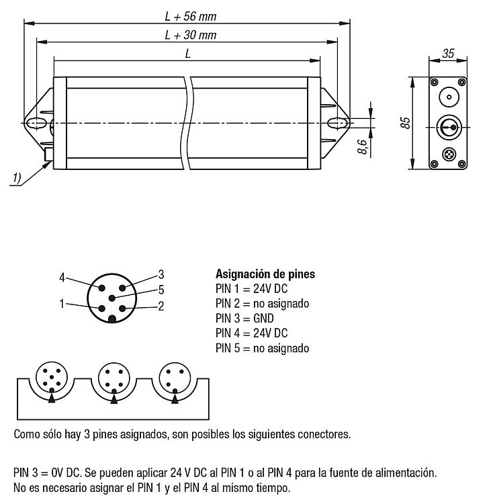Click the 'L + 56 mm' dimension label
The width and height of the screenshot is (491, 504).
191,16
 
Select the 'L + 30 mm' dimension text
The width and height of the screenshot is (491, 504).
191,35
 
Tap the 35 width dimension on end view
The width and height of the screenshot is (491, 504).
448,53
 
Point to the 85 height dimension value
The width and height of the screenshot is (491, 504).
406,123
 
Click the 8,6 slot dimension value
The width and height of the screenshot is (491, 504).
362,146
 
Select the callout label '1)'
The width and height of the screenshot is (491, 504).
17,177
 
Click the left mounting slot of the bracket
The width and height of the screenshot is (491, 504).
36,123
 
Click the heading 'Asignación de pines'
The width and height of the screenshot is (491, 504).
265,274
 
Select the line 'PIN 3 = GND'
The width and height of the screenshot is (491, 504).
244,319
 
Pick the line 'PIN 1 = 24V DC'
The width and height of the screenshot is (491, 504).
252,289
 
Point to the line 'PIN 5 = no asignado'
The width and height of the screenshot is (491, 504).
262,348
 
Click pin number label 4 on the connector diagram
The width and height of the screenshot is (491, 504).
62,278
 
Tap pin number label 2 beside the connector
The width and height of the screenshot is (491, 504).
161,306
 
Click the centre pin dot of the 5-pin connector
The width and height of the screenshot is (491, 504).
111,298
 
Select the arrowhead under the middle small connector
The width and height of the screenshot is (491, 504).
114,399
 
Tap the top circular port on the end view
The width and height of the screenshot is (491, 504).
449,97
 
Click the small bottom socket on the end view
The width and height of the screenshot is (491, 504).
449,155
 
